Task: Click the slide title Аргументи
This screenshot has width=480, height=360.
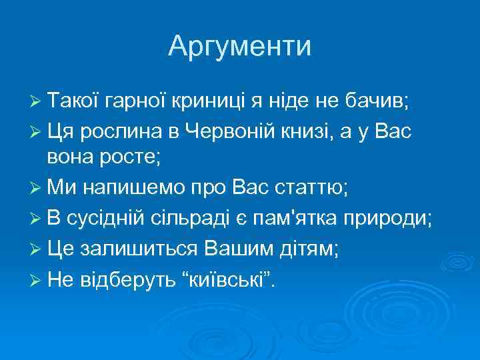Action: point(239,46)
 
